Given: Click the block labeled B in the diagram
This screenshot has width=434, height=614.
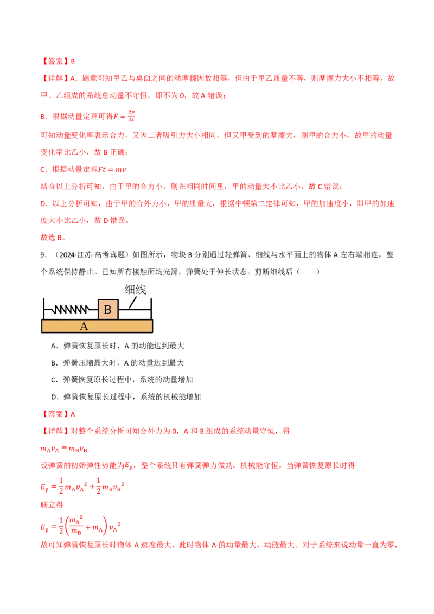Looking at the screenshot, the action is click(x=108, y=310).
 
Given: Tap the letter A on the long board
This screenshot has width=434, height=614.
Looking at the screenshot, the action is click(x=84, y=326).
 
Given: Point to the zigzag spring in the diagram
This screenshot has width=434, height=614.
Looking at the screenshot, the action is click(x=71, y=310).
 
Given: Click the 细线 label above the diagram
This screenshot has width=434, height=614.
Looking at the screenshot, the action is click(x=135, y=290).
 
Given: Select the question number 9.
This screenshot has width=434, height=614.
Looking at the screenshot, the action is click(x=43, y=255).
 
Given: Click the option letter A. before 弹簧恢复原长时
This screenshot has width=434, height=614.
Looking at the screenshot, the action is click(x=54, y=346).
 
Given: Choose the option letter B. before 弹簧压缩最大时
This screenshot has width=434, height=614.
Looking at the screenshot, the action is click(x=54, y=363).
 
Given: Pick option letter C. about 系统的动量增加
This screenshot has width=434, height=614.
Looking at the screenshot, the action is click(x=54, y=380).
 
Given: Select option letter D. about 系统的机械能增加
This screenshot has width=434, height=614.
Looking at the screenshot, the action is click(x=54, y=397).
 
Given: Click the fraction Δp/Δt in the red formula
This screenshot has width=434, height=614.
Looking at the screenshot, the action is click(x=131, y=116).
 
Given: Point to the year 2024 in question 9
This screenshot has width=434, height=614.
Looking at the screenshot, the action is click(x=67, y=255).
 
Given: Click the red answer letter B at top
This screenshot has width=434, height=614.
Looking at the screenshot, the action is click(x=73, y=61).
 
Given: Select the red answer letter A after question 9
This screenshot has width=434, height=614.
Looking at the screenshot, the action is click(x=73, y=414).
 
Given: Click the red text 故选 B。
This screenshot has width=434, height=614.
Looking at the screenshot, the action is click(x=53, y=238).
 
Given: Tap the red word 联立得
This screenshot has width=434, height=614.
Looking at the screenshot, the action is click(x=52, y=505).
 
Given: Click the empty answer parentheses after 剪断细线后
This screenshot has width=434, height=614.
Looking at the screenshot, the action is click(x=308, y=272).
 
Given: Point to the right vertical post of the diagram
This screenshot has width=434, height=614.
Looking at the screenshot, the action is click(x=151, y=309).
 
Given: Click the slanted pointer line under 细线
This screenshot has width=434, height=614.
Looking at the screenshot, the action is click(x=133, y=302).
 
